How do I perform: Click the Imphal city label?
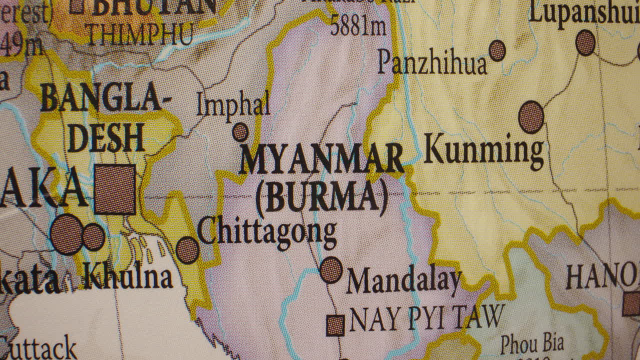pyautogui.click(x=233, y=105)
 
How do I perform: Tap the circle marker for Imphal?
pyautogui.click(x=240, y=132)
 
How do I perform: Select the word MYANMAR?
pyautogui.click(x=321, y=159)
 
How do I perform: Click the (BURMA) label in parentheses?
pyautogui.click(x=321, y=196)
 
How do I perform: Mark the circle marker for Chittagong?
pyautogui.click(x=187, y=250)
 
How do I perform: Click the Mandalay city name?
pyautogui.click(x=403, y=281)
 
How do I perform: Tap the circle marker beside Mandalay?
pyautogui.click(x=331, y=270)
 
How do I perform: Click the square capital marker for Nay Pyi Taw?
pyautogui.click(x=335, y=325)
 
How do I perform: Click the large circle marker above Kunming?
pyautogui.click(x=531, y=117)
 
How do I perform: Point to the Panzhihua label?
pyautogui.click(x=432, y=63)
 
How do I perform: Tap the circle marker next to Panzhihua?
pyautogui.click(x=497, y=50)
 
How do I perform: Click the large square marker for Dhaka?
pyautogui.click(x=115, y=189)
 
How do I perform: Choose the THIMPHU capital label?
pyautogui.click(x=140, y=34)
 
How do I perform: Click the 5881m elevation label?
pyautogui.click(x=358, y=27)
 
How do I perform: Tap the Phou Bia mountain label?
pyautogui.click(x=532, y=344)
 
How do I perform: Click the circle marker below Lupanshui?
pyautogui.click(x=585, y=42)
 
